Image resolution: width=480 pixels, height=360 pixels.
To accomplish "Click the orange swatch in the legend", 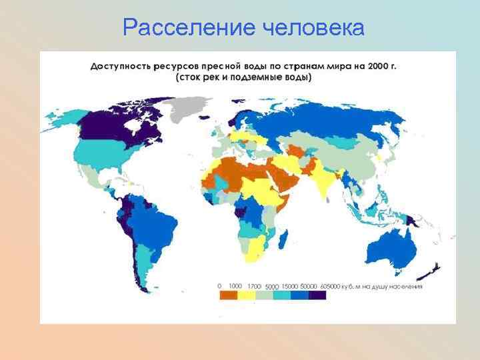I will click(x=230, y=295).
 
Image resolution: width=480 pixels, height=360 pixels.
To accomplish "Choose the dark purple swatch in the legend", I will click(x=317, y=295).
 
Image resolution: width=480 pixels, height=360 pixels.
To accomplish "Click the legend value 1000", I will click(x=235, y=286).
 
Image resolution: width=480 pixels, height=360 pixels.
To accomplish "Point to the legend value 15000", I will click(x=289, y=286).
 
